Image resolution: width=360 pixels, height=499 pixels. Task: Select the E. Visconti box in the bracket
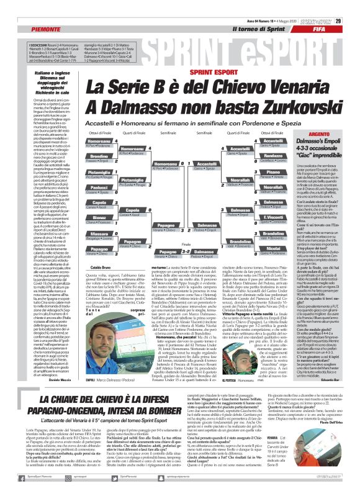point(256,217)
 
